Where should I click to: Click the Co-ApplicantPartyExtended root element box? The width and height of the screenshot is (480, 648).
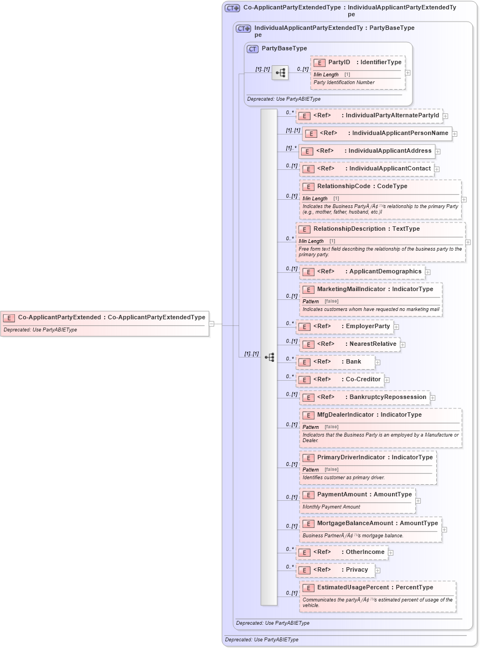coord(105,318)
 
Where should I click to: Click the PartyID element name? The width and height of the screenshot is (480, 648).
coord(339,63)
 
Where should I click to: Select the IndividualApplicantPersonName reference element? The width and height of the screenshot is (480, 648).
coord(377,133)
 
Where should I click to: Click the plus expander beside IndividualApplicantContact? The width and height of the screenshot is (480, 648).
coord(437,169)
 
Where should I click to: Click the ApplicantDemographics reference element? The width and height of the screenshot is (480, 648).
coord(362,272)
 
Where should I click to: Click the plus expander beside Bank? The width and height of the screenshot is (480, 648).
coord(378,362)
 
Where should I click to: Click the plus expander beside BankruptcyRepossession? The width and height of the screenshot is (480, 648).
coord(432,398)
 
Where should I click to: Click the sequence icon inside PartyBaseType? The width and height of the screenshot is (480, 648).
coord(280,72)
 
